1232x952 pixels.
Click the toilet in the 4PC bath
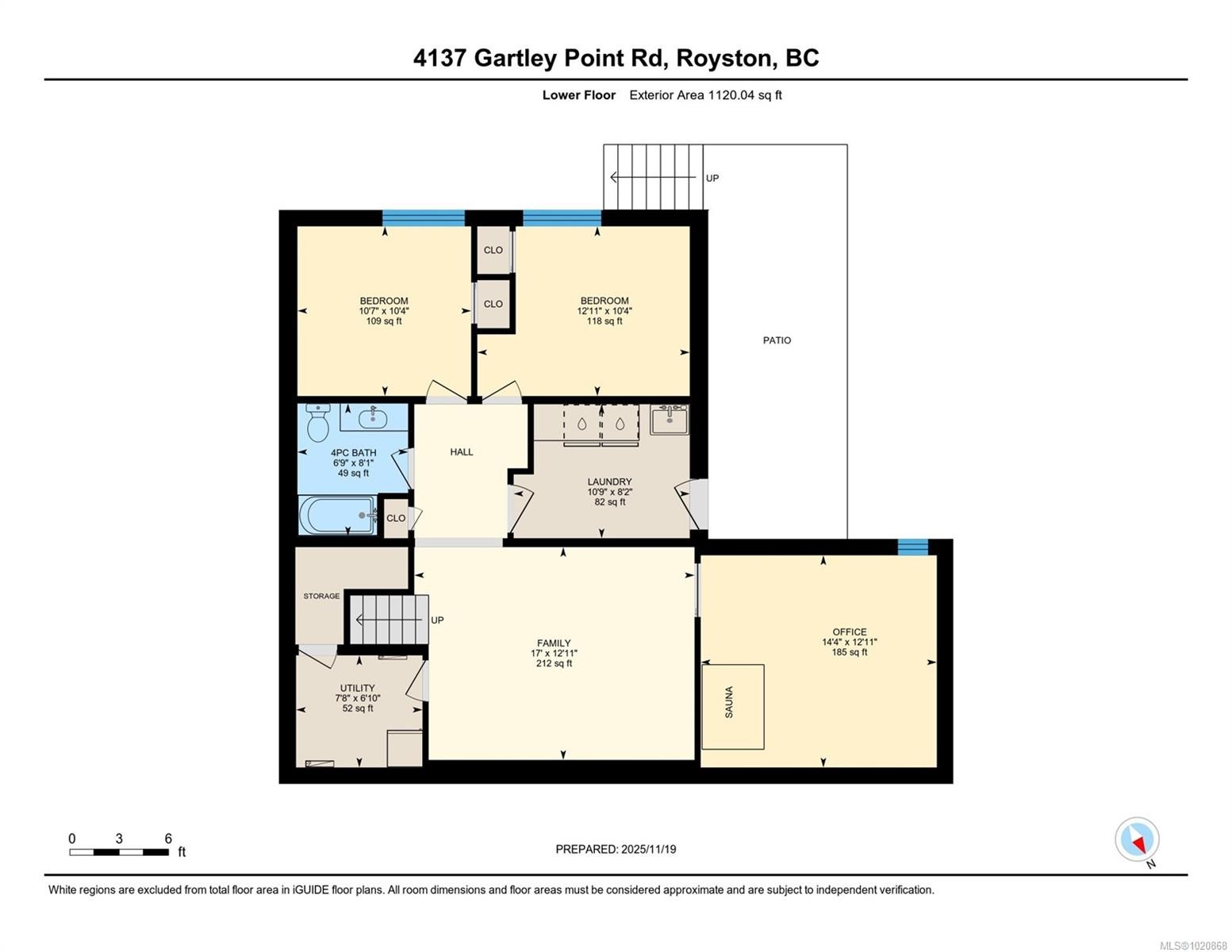coord(317,422)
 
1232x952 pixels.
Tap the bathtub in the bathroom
coord(338,515)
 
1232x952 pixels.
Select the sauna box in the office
coord(732,706)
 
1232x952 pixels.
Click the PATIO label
coord(777,340)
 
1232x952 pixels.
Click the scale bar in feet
coord(119,852)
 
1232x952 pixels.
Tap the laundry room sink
coord(670,419)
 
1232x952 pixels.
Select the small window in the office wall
coord(912,547)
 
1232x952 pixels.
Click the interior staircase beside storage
coord(389,620)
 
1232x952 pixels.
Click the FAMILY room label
coord(554,643)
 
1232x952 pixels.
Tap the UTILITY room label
coord(357,688)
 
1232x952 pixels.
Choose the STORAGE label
coord(321,596)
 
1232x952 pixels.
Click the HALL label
coord(461,452)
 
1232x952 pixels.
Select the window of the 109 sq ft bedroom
coord(423,218)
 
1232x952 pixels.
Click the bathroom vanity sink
coord(373,417)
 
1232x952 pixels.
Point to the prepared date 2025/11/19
coord(616,849)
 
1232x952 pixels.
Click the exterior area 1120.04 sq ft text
coord(705,95)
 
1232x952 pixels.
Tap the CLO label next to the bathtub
coord(396,518)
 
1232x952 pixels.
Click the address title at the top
coord(616,58)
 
